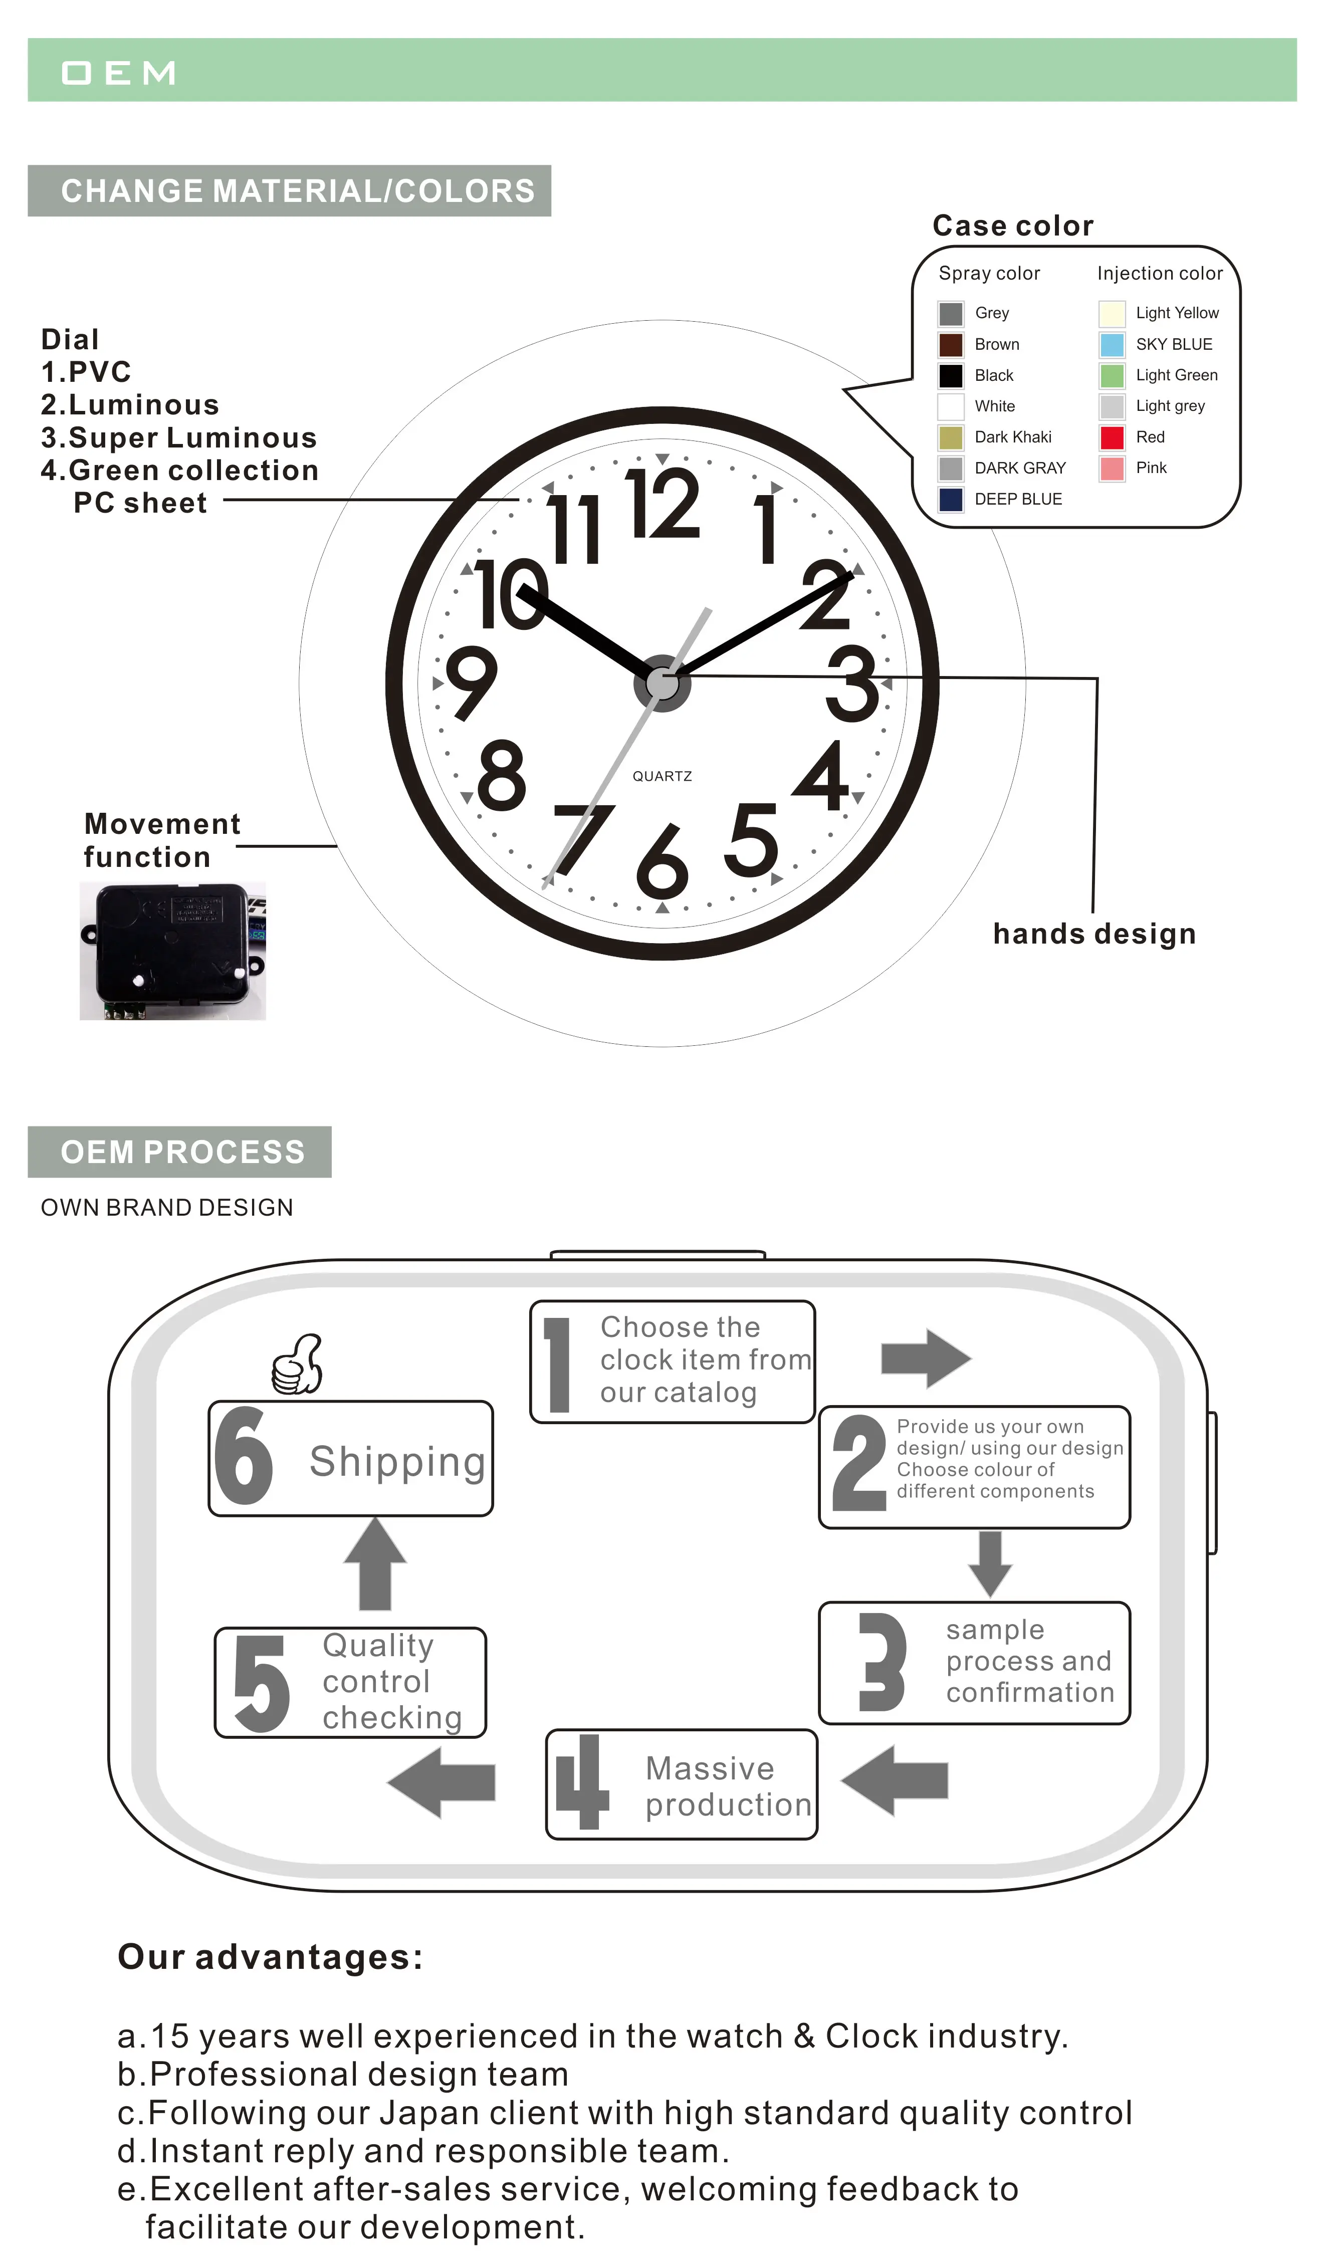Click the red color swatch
pyautogui.click(x=1112, y=437)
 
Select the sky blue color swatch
pyautogui.click(x=1112, y=345)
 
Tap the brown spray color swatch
pyautogui.click(x=951, y=345)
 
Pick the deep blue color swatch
pyautogui.click(x=951, y=500)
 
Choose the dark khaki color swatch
pyautogui.click(x=951, y=437)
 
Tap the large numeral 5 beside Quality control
pyautogui.click(x=261, y=1683)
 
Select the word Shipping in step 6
pyautogui.click(x=397, y=1462)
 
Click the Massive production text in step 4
pyautogui.click(x=727, y=1786)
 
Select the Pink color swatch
pyautogui.click(x=1112, y=468)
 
